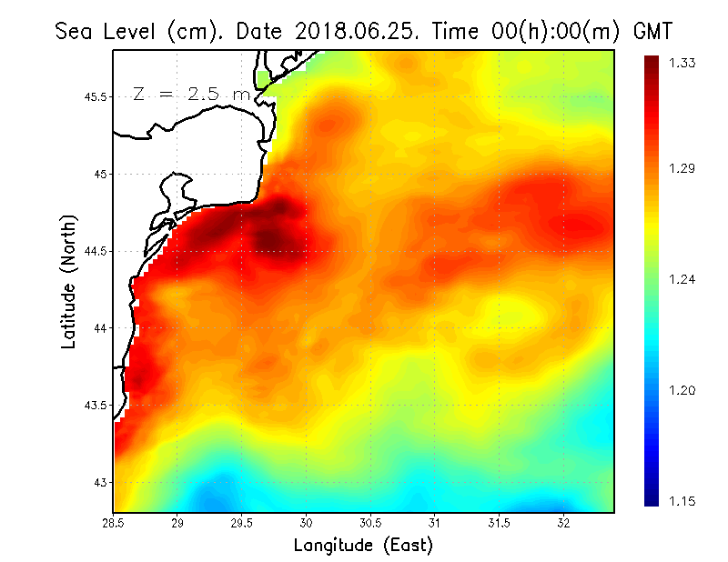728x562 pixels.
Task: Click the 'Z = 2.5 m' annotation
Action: tap(192, 94)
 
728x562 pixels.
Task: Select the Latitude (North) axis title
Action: tap(69, 281)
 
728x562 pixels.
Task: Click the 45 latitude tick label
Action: tap(103, 174)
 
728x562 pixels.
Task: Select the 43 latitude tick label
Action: tap(103, 482)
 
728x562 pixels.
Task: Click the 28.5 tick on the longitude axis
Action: tap(114, 522)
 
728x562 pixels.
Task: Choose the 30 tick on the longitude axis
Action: tap(307, 522)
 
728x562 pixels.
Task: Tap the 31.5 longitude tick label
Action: tap(500, 522)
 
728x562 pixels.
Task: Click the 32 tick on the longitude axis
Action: tap(564, 522)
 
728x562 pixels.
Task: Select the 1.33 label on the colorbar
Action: tap(683, 63)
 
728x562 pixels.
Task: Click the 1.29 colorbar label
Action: tap(683, 168)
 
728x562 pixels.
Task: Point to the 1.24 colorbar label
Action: tap(683, 279)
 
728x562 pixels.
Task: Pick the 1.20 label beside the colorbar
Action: tap(683, 391)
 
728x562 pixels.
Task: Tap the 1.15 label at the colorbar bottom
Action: tap(683, 501)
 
